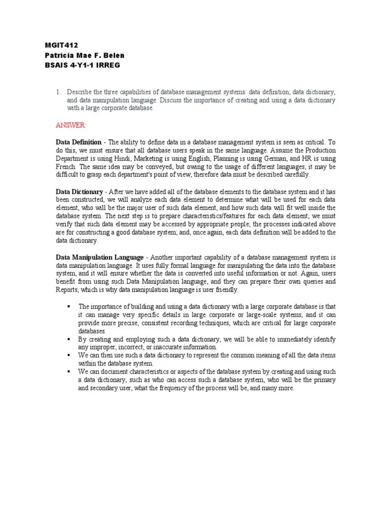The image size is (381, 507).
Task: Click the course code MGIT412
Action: point(62,45)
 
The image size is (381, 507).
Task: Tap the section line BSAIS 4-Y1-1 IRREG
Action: point(82,65)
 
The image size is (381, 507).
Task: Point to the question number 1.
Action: point(58,92)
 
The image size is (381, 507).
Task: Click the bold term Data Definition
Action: point(78,142)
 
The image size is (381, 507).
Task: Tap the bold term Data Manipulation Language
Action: point(100,257)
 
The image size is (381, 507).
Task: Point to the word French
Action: point(66,167)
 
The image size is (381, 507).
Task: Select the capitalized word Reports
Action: point(66,290)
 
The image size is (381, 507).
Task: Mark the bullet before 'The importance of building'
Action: point(69,306)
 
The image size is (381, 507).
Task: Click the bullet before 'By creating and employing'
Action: point(69,339)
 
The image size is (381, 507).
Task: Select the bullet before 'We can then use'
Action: point(69,355)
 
